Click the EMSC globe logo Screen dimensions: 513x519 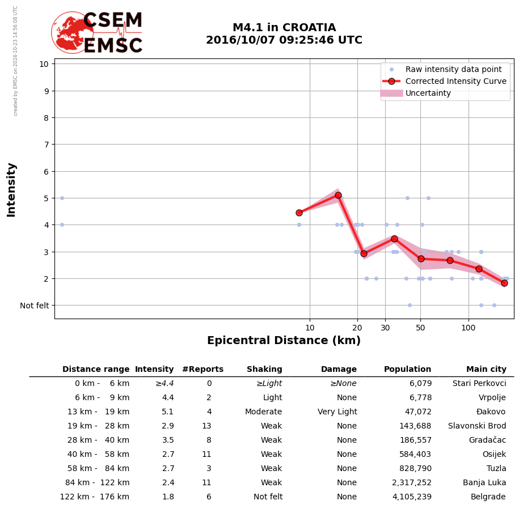(72, 32)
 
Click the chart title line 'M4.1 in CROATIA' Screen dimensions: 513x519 (284, 28)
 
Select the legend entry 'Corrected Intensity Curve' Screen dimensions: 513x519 (455, 81)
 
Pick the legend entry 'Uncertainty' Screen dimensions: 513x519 (428, 93)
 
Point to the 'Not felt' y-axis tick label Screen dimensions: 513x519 (34, 306)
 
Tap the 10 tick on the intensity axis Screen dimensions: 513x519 (43, 63)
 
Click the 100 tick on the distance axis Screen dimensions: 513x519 (468, 328)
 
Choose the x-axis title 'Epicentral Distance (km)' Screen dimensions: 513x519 (284, 341)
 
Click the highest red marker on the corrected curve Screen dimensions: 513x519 (338, 195)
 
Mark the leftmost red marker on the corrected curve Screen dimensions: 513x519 (299, 213)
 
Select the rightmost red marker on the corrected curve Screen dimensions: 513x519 (504, 283)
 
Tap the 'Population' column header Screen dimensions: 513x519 (407, 370)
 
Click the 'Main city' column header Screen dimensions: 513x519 (486, 370)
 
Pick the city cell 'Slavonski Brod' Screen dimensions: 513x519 (477, 426)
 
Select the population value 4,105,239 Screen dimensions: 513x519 (408, 497)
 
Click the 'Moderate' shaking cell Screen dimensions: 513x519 (263, 412)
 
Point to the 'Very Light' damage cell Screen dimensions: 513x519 (337, 412)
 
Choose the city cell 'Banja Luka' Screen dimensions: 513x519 (484, 483)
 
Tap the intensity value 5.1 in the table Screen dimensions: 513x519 (168, 412)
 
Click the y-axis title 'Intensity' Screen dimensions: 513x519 (11, 189)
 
